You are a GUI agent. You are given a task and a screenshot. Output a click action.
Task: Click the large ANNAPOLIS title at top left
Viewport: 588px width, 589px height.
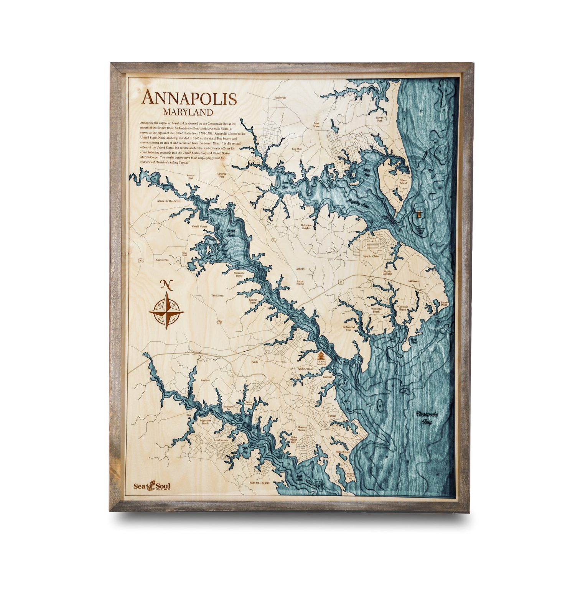tap(189, 98)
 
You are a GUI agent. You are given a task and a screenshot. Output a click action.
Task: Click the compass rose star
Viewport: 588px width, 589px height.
tap(166, 310)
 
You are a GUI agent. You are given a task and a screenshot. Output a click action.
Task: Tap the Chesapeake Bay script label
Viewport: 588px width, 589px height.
tap(429, 418)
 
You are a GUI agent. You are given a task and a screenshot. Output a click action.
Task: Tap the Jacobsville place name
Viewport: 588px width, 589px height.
tap(280, 97)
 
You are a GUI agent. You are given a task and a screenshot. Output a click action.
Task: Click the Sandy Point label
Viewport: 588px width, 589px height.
tap(444, 304)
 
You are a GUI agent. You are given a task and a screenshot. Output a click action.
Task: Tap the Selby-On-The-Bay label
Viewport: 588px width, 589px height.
tap(259, 483)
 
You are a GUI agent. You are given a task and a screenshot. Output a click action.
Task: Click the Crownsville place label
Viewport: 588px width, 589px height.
tap(162, 260)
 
